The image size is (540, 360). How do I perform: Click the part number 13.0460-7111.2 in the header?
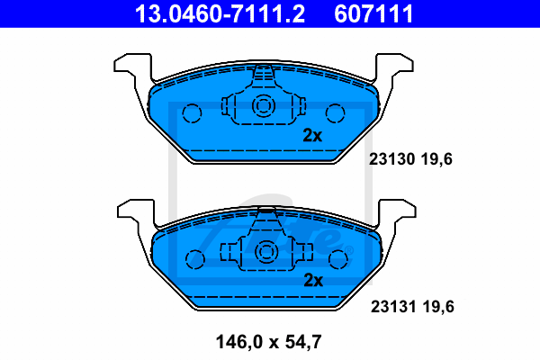point(220,13)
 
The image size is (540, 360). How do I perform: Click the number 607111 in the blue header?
point(373,13)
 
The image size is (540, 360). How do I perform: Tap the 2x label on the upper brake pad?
point(312,135)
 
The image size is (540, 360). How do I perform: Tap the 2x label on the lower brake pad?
point(313,281)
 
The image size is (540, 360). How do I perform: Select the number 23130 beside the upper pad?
point(391,159)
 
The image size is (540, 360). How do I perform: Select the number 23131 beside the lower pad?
point(393,306)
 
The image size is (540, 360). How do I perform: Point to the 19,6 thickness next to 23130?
point(436,159)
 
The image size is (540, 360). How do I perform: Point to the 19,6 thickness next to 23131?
point(438,307)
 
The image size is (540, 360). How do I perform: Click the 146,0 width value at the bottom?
point(239,342)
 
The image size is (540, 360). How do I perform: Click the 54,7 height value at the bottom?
point(303,342)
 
